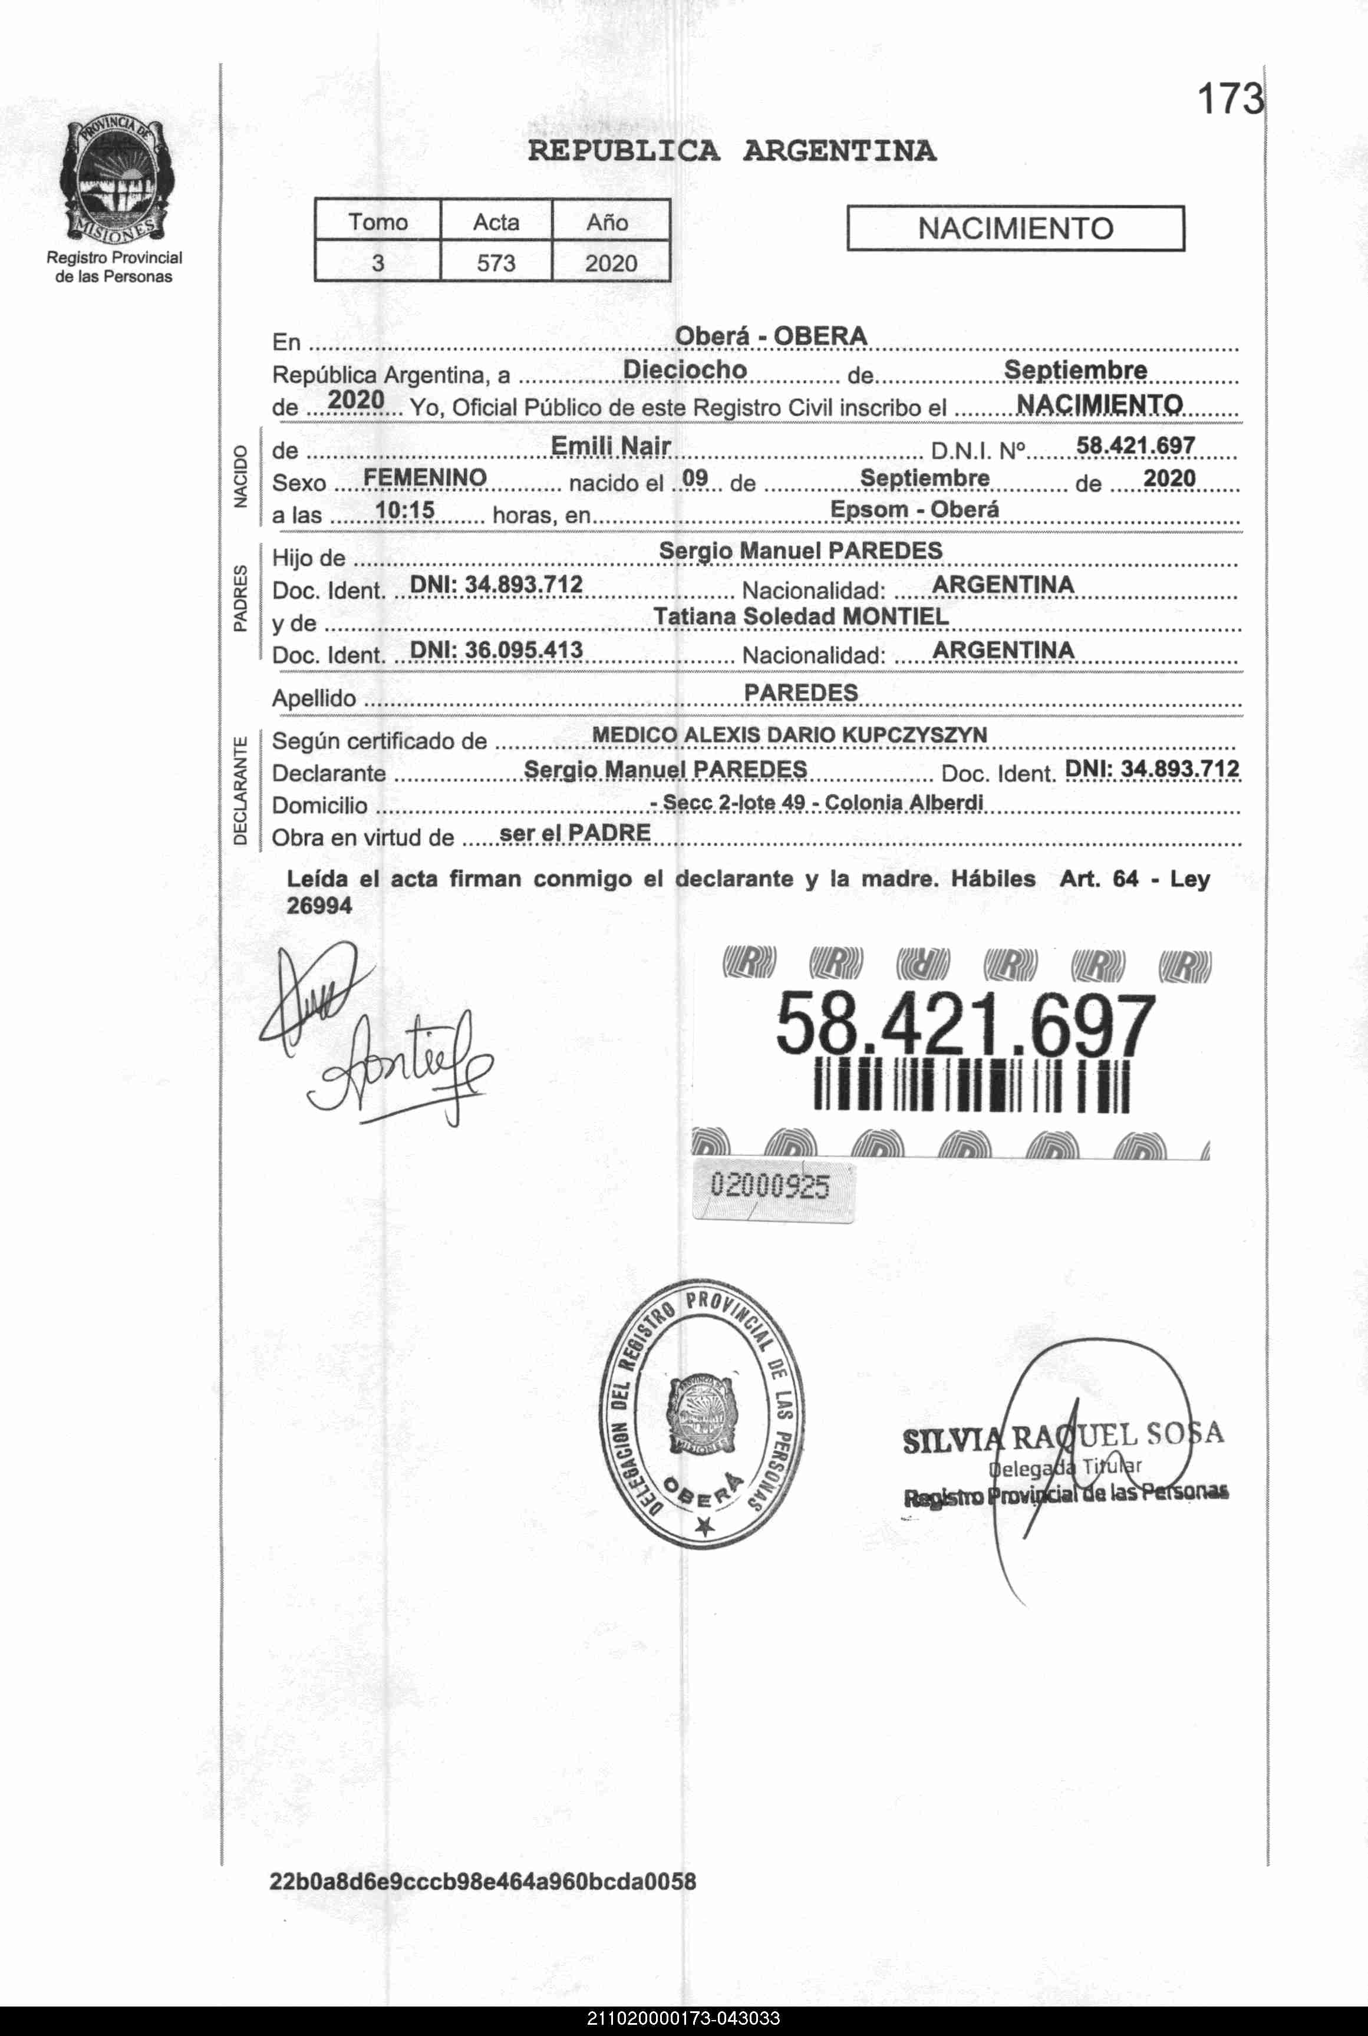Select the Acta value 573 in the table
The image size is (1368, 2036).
pos(496,263)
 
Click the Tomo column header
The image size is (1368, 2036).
pos(378,222)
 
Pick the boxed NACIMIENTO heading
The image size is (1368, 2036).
pos(1015,229)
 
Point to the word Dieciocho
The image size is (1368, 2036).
pos(685,370)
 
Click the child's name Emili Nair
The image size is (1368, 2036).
pos(611,446)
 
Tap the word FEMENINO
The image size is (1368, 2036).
pos(425,477)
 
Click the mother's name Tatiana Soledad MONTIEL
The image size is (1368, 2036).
pos(801,617)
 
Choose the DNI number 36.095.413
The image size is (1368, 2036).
pos(496,650)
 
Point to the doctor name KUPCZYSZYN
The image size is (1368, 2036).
pos(914,735)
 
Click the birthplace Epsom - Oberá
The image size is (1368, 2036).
pos(914,509)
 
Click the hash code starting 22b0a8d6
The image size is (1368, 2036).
pos(483,1882)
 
